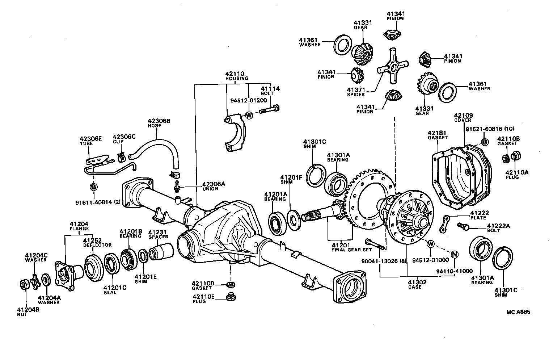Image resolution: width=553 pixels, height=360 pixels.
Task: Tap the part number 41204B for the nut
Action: (28, 310)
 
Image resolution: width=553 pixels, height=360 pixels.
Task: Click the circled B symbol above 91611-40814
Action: (93, 187)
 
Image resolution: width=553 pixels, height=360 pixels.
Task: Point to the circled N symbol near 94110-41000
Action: (455, 254)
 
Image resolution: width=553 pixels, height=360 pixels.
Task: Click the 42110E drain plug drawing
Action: (229, 297)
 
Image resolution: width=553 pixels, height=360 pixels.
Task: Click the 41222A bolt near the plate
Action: (463, 226)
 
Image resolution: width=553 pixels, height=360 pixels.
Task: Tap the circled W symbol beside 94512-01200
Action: (249, 115)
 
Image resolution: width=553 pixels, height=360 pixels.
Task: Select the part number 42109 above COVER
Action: (463, 116)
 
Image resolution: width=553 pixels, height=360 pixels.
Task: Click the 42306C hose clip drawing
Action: (121, 157)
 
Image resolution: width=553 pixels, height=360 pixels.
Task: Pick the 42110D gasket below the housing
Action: (230, 284)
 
